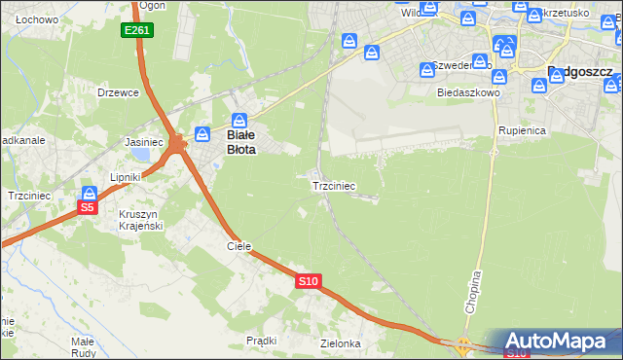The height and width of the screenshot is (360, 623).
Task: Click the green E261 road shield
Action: (x=137, y=31)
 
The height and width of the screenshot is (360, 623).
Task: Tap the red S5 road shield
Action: (x=88, y=207)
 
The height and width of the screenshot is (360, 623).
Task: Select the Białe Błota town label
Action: (x=240, y=143)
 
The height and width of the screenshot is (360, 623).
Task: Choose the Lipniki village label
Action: (x=126, y=177)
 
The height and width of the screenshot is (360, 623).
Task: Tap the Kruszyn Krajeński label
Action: (x=140, y=219)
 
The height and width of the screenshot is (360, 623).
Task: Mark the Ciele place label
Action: (x=238, y=246)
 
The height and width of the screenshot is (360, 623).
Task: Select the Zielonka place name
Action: (x=341, y=343)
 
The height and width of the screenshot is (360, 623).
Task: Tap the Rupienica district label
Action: (x=522, y=129)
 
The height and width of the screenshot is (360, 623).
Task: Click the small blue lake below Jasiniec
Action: (x=141, y=154)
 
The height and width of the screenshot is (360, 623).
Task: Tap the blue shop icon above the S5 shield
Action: (x=89, y=194)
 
